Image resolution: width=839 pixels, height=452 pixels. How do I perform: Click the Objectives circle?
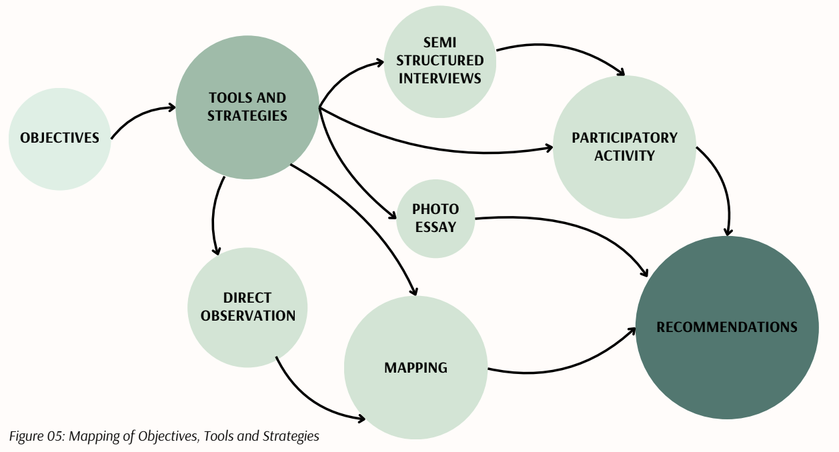(59, 139)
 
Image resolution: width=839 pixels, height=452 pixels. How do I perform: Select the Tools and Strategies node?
(247, 107)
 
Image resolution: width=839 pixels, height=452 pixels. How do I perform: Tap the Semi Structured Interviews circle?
(440, 61)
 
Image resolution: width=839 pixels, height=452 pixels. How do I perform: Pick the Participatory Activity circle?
(624, 147)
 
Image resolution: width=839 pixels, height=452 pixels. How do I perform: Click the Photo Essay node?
(436, 219)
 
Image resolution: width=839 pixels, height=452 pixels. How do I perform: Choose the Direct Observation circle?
(247, 307)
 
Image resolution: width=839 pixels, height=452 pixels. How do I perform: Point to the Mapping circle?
(415, 368)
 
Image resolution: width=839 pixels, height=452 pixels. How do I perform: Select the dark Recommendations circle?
(727, 327)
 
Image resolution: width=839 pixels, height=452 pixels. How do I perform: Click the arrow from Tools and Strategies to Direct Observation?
(214, 213)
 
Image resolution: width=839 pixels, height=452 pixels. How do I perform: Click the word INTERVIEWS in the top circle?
(440, 79)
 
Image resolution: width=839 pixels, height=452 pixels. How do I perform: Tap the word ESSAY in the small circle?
(436, 227)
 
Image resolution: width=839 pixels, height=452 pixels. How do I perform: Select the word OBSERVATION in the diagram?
(248, 316)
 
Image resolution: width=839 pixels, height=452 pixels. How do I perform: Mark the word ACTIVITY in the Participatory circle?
(624, 156)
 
